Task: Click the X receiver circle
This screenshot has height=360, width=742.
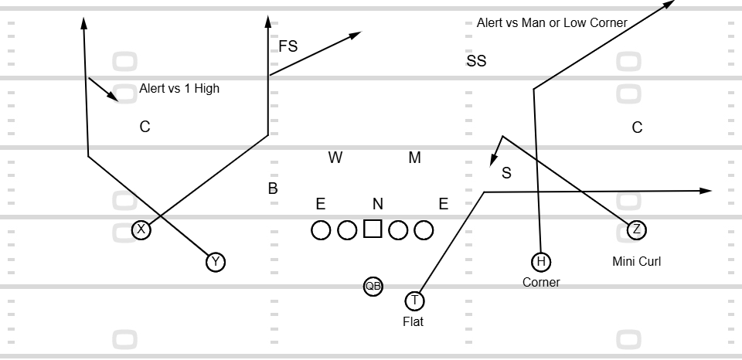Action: [141, 229]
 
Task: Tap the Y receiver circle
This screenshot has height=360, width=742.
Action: [216, 262]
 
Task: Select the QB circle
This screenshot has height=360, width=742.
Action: [373, 286]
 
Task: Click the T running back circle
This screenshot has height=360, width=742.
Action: [414, 301]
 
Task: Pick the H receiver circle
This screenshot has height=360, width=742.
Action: [541, 262]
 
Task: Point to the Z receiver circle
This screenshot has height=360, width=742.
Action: [636, 229]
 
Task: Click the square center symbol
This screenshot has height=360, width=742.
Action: [373, 229]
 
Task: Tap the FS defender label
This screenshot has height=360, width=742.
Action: [288, 46]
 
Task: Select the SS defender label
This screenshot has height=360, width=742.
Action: [476, 61]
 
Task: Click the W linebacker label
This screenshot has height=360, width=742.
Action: [335, 158]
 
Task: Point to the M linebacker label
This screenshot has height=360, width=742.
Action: [415, 158]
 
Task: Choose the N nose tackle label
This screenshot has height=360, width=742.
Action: [378, 204]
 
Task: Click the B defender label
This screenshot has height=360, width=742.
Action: [273, 188]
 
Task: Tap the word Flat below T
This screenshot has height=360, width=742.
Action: [413, 321]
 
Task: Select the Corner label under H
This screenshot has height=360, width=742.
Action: [541, 282]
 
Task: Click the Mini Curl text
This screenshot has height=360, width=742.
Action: [636, 262]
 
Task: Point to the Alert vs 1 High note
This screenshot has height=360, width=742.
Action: [179, 89]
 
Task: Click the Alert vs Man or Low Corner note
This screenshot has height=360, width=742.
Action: [552, 22]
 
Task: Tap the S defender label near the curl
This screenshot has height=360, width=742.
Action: [506, 173]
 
